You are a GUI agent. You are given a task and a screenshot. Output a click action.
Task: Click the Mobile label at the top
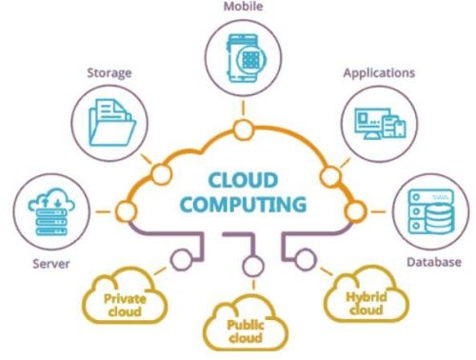click(x=243, y=7)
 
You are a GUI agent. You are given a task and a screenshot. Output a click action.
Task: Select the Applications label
click(x=377, y=71)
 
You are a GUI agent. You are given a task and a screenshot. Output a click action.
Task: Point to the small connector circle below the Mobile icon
click(x=244, y=130)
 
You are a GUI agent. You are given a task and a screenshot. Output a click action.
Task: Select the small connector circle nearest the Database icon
click(x=354, y=208)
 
